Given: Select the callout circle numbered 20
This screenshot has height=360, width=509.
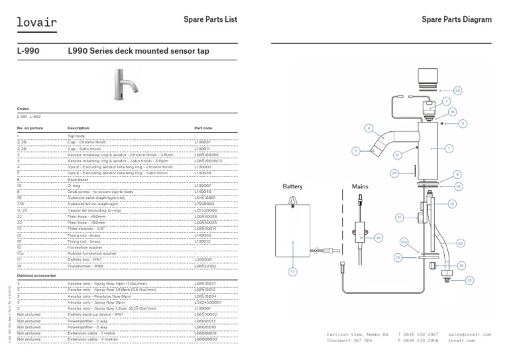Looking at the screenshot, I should [x=457, y=90].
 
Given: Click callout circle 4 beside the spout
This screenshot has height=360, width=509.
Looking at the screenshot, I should [x=368, y=127].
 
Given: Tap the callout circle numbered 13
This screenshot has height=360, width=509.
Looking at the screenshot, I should [x=469, y=280].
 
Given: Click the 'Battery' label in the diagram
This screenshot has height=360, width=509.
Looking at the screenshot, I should [x=293, y=187].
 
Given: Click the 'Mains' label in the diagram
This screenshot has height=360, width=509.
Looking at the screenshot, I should [x=360, y=187].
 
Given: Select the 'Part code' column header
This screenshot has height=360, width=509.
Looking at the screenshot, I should [x=203, y=127].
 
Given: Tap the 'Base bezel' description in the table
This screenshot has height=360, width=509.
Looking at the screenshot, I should [x=80, y=179].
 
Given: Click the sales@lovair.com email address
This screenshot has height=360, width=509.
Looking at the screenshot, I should [x=469, y=335].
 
